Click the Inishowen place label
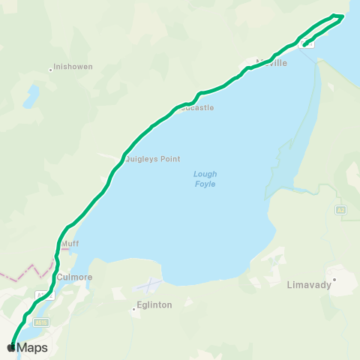click(x=73, y=67)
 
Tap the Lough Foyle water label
click(x=205, y=179)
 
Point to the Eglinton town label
click(x=154, y=305)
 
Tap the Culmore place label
click(x=74, y=276)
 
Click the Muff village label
click(x=70, y=244)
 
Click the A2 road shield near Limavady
click(x=341, y=209)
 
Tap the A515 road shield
click(x=40, y=322)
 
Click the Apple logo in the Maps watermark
click(x=10, y=347)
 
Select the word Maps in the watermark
click(x=32, y=348)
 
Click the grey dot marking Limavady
click(x=335, y=279)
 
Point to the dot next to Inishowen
click(x=50, y=70)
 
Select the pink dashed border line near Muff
click(x=30, y=268)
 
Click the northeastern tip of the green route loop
click(x=342, y=15)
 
